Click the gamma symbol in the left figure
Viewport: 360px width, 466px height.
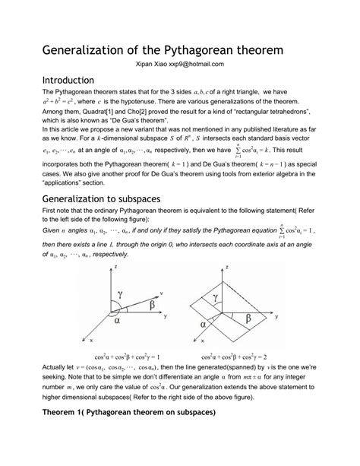click(x=119, y=294)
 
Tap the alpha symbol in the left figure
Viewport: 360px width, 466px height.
click(x=118, y=321)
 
